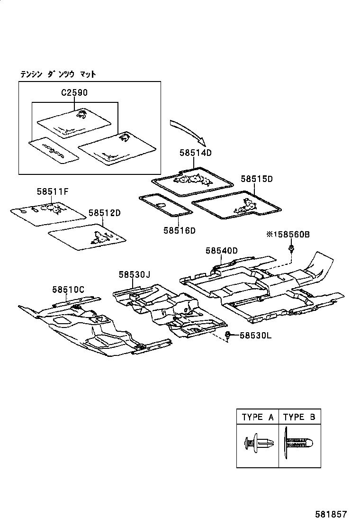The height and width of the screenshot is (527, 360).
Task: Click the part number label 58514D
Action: [195, 153]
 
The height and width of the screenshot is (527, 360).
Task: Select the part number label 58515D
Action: [257, 179]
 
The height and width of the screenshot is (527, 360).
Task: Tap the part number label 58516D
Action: [180, 230]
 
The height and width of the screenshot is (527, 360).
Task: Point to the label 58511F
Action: [53, 191]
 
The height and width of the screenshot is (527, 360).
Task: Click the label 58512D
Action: [105, 213]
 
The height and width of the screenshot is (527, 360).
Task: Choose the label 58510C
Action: [68, 289]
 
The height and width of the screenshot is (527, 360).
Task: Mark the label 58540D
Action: [221, 250]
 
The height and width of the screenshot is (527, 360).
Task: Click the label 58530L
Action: [255, 335]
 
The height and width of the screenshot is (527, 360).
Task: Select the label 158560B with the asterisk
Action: [288, 234]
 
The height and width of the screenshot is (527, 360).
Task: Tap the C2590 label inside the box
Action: [74, 93]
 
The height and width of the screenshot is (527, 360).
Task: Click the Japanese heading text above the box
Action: [58, 74]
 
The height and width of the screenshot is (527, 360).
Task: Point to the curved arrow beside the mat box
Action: [188, 132]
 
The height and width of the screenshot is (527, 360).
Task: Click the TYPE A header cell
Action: [258, 417]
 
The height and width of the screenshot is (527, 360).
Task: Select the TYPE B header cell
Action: [299, 417]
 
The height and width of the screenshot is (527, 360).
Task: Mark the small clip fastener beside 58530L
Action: [228, 336]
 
